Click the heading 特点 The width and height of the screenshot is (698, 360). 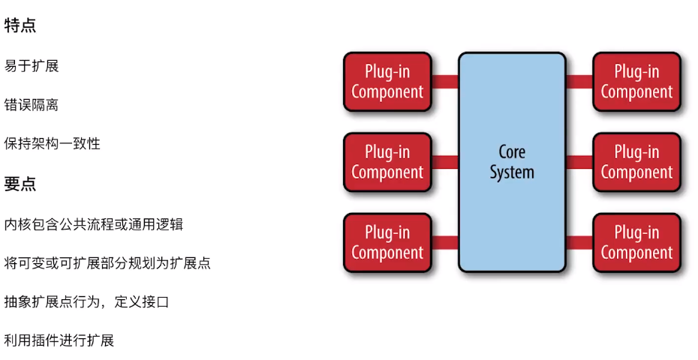[20, 25]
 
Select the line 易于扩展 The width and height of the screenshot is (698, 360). [32, 66]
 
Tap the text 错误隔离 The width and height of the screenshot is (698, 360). [32, 105]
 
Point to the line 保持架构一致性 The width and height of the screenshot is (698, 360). [52, 143]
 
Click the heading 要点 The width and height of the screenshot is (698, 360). [20, 184]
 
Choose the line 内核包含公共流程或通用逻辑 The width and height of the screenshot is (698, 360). [94, 224]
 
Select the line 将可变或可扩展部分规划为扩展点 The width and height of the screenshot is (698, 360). [107, 263]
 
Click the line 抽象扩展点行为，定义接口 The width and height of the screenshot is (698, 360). [86, 302]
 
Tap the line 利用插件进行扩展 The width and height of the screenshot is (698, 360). [59, 340]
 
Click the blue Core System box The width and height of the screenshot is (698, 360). [512, 162]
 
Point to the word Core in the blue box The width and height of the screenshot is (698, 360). [512, 151]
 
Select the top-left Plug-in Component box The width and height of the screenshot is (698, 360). [387, 82]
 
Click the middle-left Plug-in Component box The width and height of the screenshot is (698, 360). [387, 162]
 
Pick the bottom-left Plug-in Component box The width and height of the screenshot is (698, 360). [387, 242]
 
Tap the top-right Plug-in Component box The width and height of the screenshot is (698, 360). [636, 82]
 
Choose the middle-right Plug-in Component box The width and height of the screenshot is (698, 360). [636, 162]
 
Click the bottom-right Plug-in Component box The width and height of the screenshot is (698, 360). [636, 242]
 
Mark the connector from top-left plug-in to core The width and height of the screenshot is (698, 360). [445, 82]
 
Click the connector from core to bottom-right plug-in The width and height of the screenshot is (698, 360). [579, 242]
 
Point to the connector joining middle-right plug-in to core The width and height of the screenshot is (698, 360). [579, 162]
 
